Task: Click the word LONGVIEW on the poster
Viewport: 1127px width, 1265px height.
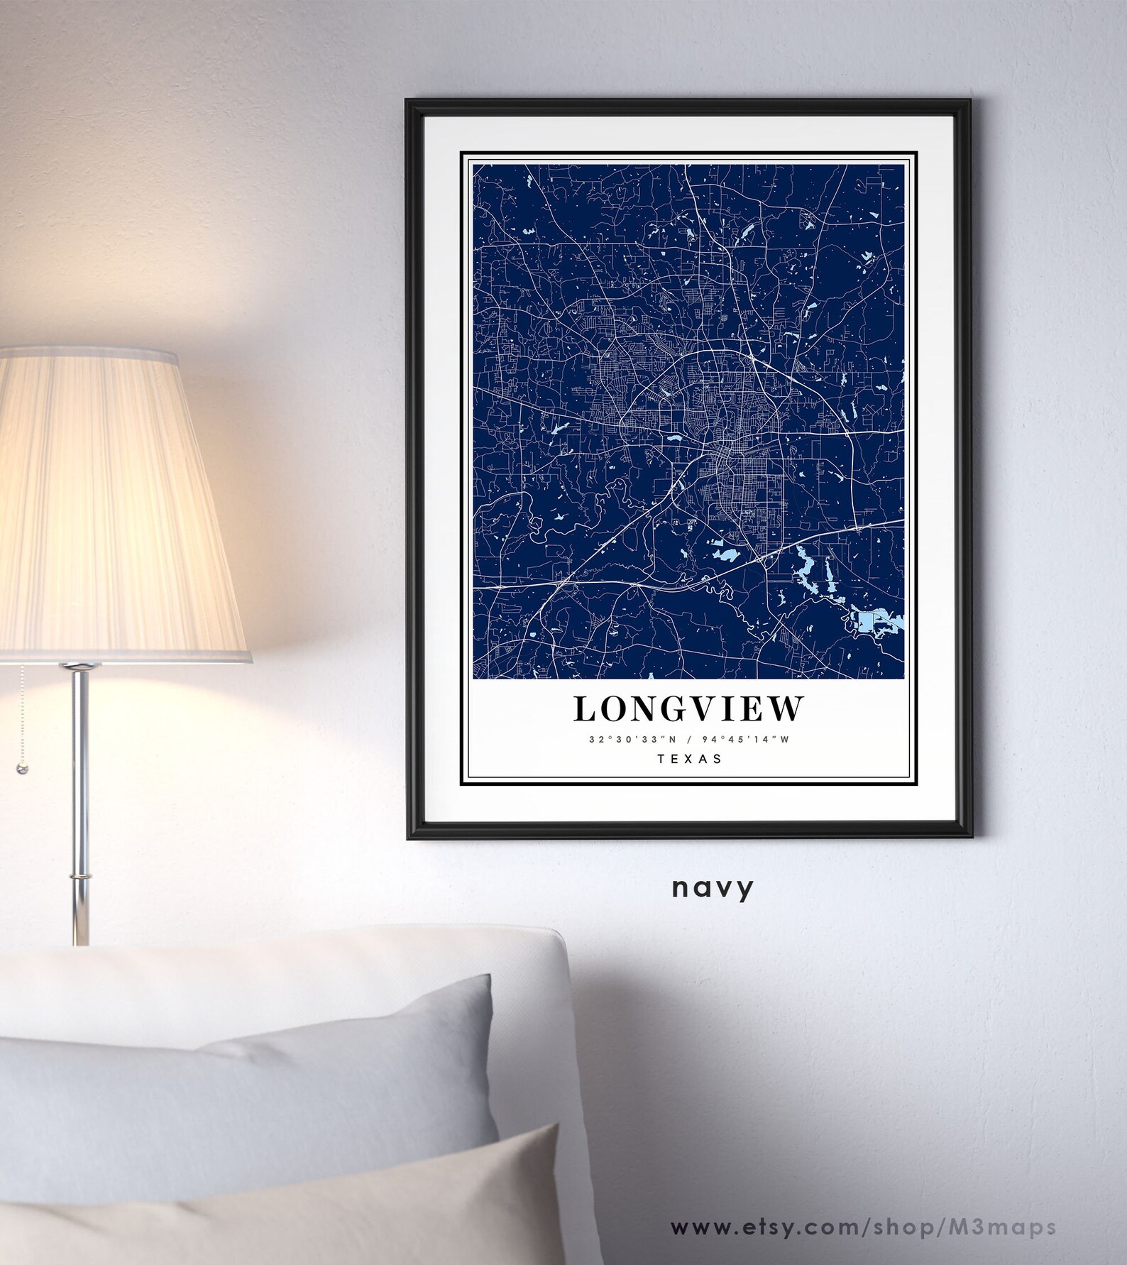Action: pos(688,709)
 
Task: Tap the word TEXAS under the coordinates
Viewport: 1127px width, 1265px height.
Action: pos(689,759)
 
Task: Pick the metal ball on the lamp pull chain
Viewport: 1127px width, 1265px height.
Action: pos(21,769)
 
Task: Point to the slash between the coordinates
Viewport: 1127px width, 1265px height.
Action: pos(688,740)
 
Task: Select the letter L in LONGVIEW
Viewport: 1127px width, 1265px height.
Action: pos(586,709)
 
